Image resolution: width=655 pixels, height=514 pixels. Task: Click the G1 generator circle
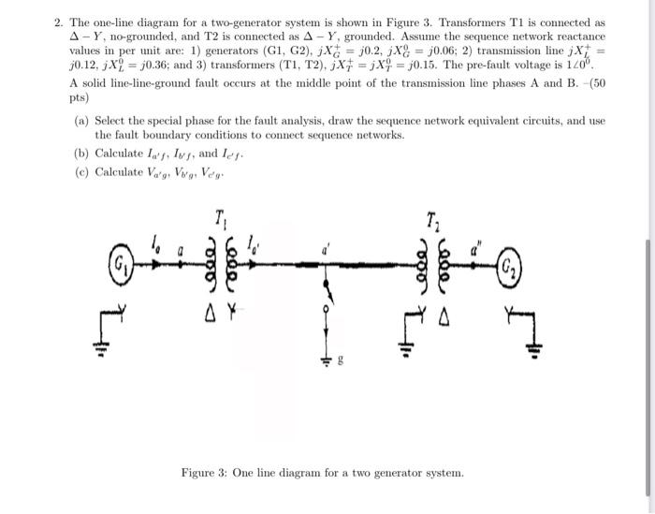[121, 257]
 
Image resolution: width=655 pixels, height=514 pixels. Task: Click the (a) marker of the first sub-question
[81, 121]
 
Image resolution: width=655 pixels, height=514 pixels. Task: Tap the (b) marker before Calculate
[81, 152]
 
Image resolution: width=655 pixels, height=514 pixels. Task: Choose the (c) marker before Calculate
[81, 171]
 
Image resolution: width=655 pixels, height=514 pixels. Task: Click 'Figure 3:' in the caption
[208, 473]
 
